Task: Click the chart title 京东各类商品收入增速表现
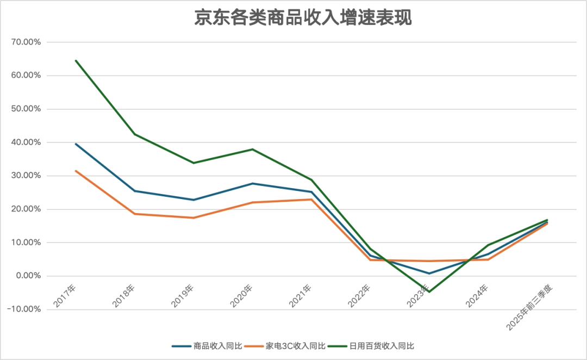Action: pyautogui.click(x=303, y=17)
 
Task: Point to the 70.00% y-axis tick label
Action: pyautogui.click(x=26, y=42)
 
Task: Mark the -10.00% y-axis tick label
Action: pyautogui.click(x=24, y=309)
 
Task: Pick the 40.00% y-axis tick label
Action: pyautogui.click(x=26, y=142)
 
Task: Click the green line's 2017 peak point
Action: pyautogui.click(x=76, y=60)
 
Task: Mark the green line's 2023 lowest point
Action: pyautogui.click(x=429, y=292)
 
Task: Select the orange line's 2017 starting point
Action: pyautogui.click(x=76, y=171)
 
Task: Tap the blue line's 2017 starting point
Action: pyautogui.click(x=76, y=144)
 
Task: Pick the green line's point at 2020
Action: pyautogui.click(x=252, y=149)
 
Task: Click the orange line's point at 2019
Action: pyautogui.click(x=193, y=218)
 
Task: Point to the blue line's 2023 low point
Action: pyautogui.click(x=429, y=274)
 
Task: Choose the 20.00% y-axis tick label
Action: pyautogui.click(x=26, y=209)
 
